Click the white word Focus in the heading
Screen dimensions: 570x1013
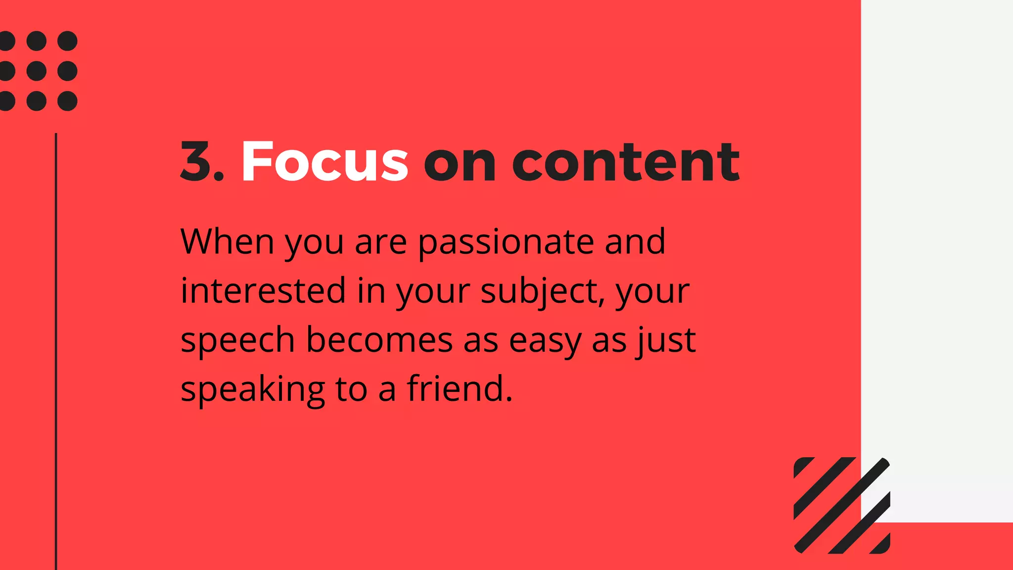point(324,162)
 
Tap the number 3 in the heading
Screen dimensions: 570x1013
point(196,162)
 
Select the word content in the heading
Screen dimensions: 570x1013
point(626,162)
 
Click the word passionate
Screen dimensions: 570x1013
point(506,242)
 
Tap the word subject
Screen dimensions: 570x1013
point(542,292)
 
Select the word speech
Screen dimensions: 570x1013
point(238,340)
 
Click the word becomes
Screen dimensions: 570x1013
point(379,340)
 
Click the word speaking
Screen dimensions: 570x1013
point(253,389)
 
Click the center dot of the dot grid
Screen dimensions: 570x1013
point(37,71)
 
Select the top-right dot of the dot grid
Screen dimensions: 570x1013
point(67,41)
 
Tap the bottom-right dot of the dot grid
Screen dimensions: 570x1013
point(67,101)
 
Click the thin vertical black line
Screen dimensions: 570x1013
point(56,346)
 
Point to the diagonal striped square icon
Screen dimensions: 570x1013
point(842,505)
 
